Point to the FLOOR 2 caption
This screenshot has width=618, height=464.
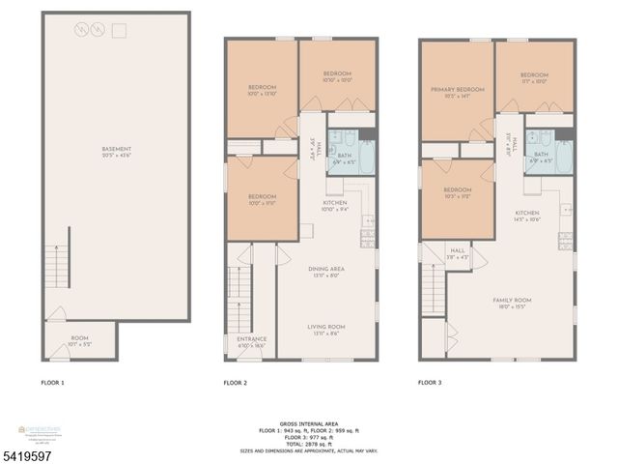(x=236, y=384)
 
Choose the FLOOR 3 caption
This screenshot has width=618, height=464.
(x=430, y=384)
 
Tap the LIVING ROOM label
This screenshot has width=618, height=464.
(x=326, y=329)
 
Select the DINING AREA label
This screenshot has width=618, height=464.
(x=326, y=272)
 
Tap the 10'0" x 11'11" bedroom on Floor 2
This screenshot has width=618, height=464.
(x=263, y=199)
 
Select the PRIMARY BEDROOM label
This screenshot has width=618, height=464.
(x=456, y=92)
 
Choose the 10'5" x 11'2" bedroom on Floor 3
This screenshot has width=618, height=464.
(x=457, y=192)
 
